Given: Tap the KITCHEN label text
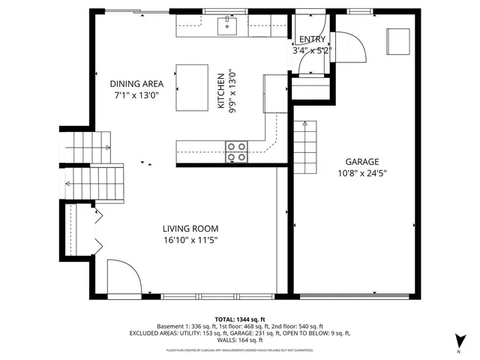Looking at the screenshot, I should pos(221,91).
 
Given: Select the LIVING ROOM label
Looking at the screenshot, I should pos(190,229).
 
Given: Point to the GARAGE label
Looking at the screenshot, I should pos(361,162).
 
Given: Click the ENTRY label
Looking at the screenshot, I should pos(311,40).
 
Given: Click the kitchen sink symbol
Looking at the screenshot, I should pos(226,27).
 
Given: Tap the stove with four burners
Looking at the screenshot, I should pos(237,151).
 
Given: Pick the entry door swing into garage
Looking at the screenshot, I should pos(349,52).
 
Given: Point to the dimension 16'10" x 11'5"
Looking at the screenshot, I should pos(190,241).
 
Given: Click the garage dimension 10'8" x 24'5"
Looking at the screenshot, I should pos(361,173).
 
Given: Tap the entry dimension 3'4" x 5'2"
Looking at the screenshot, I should pos(311,51).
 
